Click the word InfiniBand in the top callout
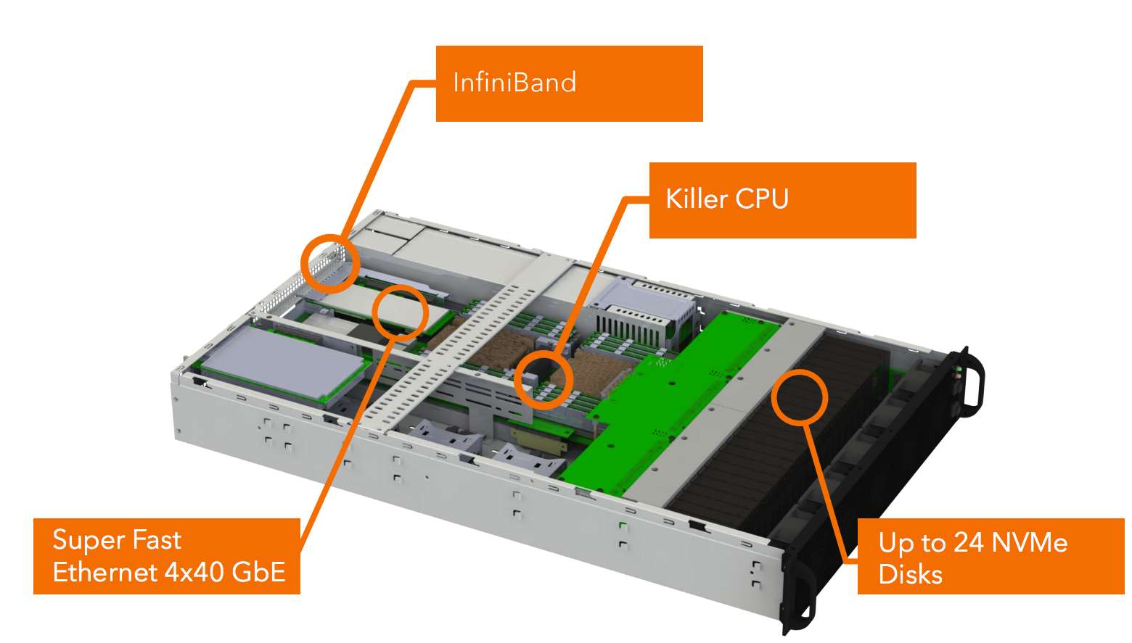click(x=514, y=83)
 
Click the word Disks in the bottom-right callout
click(x=910, y=574)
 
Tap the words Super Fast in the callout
click(x=117, y=540)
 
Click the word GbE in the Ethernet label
click(x=258, y=572)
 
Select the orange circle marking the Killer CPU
click(x=544, y=380)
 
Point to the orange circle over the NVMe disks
click(x=799, y=397)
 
